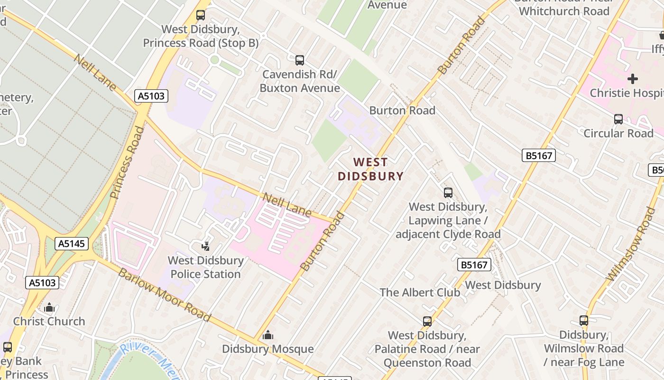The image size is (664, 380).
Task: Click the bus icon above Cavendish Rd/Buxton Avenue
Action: (300, 60)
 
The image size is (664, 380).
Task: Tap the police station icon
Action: (205, 246)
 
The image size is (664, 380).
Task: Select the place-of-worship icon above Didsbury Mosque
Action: (268, 335)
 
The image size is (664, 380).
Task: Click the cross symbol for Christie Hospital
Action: (633, 79)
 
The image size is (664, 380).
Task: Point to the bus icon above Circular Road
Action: (618, 119)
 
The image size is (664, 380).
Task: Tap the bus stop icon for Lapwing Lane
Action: (448, 193)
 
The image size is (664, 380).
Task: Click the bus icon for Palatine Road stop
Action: (427, 322)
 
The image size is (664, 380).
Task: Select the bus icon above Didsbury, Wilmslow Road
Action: (584, 321)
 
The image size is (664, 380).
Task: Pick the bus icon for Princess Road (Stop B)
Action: (201, 15)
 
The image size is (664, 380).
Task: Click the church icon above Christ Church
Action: (49, 308)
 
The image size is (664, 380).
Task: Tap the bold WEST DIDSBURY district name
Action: (370, 170)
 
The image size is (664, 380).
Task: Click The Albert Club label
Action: (420, 292)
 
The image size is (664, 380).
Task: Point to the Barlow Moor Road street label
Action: (164, 294)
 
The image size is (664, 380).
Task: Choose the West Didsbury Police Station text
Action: (206, 267)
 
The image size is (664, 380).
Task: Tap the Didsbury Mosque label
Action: (268, 349)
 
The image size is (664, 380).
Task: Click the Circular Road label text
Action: (618, 133)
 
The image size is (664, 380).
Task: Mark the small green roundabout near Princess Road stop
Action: (214, 60)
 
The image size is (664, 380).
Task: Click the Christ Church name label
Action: (49, 321)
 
